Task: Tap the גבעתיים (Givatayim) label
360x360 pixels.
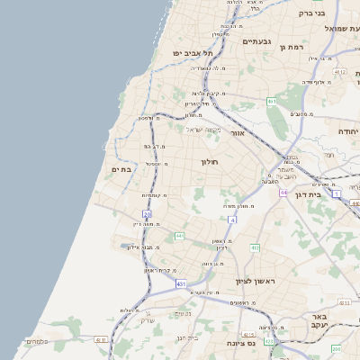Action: point(257,41)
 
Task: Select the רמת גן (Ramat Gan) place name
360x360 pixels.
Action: point(294,46)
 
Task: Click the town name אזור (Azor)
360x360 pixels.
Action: point(238,132)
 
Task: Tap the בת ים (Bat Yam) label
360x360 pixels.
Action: point(121,168)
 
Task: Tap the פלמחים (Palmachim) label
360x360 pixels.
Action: point(36,341)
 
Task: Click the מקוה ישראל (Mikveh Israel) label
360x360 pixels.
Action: point(203,129)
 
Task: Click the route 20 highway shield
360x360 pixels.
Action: point(147,214)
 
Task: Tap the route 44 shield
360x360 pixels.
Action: point(283,193)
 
